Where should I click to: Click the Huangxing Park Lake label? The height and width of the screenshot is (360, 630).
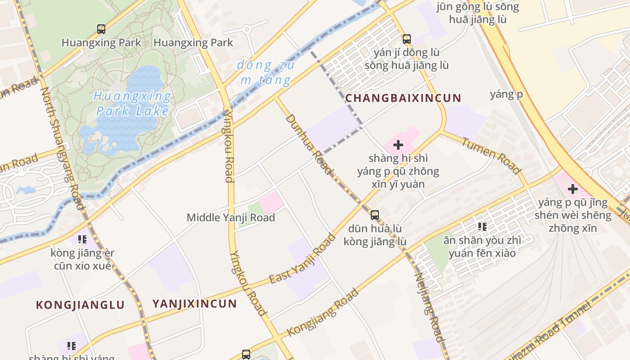(133, 103)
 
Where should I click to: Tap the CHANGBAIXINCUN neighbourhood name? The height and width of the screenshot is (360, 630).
(403, 98)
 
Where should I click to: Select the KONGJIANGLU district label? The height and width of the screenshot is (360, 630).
(80, 305)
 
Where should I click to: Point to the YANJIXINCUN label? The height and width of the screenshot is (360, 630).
(194, 304)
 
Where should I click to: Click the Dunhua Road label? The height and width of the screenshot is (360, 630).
(309, 144)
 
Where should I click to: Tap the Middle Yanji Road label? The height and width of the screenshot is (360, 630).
(230, 218)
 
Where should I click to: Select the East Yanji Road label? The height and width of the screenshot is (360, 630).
(302, 259)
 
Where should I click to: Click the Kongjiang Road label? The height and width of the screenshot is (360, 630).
(323, 312)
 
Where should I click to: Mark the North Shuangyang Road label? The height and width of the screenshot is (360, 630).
(63, 148)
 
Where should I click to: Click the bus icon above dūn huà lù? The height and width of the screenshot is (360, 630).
(375, 215)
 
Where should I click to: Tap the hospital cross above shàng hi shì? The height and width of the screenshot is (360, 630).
(398, 145)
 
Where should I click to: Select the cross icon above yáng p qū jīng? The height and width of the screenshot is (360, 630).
(572, 189)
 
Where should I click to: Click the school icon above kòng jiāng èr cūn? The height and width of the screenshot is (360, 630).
(82, 239)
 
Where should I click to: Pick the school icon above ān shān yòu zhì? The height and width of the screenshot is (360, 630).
(482, 226)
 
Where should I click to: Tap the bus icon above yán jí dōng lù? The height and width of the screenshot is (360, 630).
(407, 39)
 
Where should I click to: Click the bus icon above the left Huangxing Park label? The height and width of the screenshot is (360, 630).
(101, 29)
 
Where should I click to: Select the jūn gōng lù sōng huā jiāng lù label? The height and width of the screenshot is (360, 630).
(477, 13)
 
